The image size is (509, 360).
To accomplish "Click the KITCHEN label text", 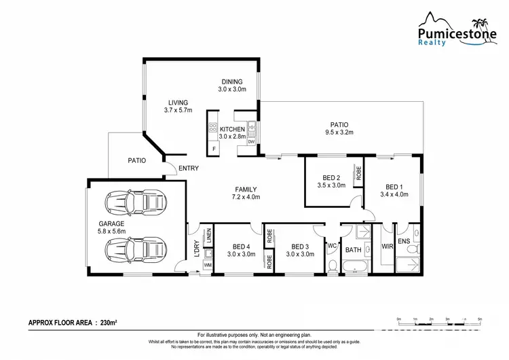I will [231, 129].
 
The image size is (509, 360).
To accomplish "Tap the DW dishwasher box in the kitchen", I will [251, 141].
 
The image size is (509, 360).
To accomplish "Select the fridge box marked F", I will [213, 148].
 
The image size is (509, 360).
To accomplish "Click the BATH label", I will [354, 250].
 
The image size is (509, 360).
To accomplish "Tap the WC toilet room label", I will [333, 246].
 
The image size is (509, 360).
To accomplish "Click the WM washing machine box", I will [208, 264].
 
